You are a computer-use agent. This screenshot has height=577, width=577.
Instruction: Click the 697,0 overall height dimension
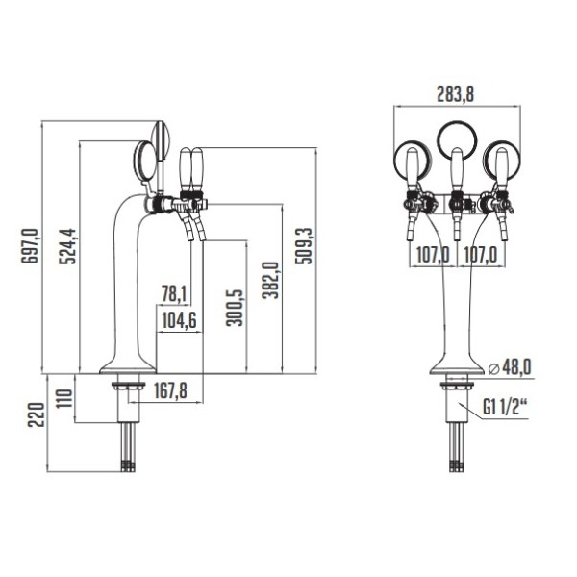[30, 246]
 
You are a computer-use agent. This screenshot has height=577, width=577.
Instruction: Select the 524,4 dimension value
[67, 246]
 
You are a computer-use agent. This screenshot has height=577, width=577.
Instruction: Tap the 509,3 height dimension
[303, 246]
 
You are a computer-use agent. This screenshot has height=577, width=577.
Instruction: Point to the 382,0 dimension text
[270, 280]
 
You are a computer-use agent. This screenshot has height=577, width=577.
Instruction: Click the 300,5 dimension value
[235, 308]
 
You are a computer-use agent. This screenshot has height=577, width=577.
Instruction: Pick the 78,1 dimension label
[174, 294]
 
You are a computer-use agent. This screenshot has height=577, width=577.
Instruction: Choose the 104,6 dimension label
[179, 321]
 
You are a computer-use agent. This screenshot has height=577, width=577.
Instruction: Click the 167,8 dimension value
[170, 390]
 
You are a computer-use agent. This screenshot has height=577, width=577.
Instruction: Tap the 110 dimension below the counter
[64, 398]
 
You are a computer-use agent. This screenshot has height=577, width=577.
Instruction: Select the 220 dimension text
[37, 414]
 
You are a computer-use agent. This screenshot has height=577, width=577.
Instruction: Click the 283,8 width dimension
[455, 94]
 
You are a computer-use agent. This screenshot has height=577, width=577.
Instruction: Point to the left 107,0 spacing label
[433, 255]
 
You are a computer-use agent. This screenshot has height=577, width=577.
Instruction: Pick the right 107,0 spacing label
[481, 255]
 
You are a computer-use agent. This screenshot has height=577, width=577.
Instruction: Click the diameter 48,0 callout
[510, 367]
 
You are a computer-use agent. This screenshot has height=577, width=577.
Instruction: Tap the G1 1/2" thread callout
[506, 407]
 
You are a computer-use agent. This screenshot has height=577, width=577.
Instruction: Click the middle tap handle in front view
[456, 170]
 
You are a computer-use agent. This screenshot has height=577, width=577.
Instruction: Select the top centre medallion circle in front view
[457, 122]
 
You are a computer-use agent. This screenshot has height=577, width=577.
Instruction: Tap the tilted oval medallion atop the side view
[162, 140]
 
